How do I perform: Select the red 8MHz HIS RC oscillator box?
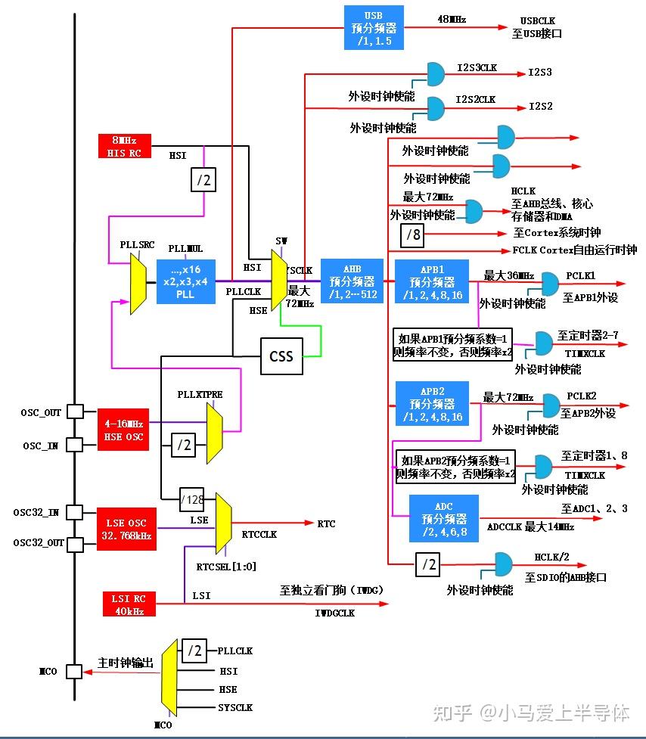124,146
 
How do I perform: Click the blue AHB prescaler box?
353,281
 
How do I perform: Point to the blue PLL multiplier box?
186,281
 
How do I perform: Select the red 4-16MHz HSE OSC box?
124,430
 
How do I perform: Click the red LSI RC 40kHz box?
124,604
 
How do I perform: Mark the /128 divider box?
192,500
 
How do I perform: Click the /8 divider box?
413,235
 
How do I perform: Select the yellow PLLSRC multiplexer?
138,283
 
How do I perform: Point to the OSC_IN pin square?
75,445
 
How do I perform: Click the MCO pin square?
74,672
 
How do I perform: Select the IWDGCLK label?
334,613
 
